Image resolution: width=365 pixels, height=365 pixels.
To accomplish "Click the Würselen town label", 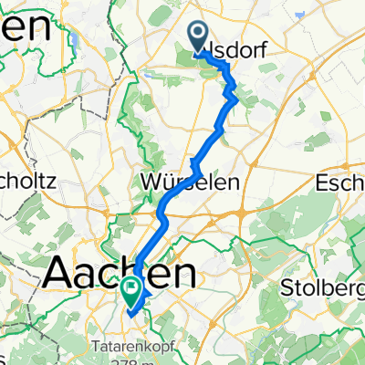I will click(x=191, y=182).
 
